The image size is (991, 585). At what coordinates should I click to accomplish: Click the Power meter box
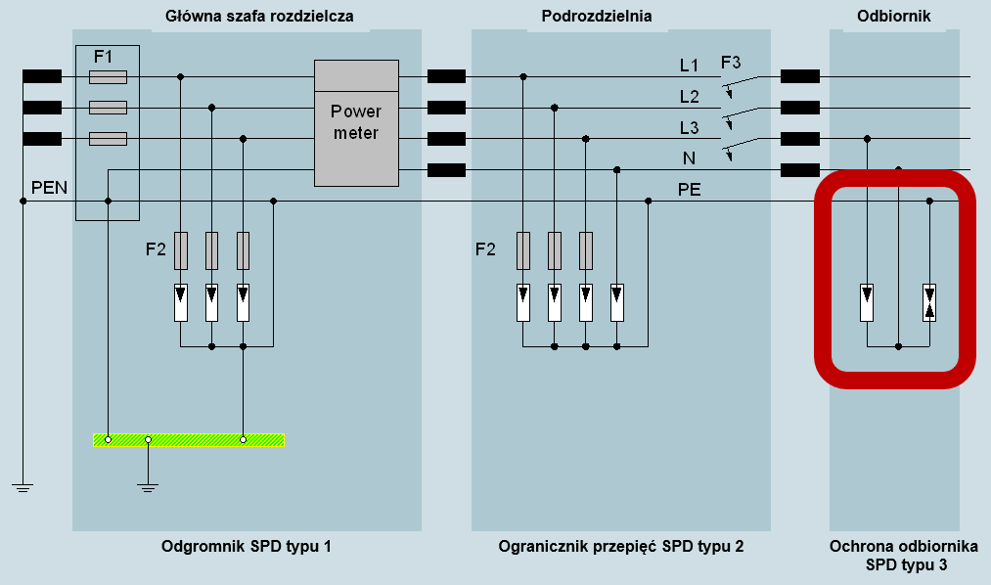(356, 123)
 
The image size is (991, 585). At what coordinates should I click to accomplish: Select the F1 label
(103, 57)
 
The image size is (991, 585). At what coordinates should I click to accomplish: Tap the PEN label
(49, 188)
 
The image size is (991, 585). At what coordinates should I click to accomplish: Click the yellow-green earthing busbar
(189, 439)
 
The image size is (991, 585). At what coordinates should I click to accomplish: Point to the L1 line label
(689, 66)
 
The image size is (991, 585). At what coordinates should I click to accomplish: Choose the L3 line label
(689, 128)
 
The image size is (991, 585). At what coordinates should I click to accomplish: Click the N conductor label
(689, 157)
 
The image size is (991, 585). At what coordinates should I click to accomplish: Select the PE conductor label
(689, 190)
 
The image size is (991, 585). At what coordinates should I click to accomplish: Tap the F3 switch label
(731, 63)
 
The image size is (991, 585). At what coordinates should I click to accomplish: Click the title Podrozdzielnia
(597, 16)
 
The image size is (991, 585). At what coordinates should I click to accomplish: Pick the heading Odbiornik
(894, 16)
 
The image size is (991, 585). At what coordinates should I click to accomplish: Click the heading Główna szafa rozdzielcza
(259, 16)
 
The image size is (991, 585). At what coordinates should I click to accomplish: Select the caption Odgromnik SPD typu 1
(246, 547)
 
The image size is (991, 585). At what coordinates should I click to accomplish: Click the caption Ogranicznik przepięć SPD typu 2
(620, 547)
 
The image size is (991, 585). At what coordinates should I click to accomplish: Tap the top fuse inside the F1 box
(108, 77)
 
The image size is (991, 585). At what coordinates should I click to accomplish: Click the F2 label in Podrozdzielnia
(485, 249)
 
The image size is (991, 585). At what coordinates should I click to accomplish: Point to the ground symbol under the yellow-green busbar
(148, 487)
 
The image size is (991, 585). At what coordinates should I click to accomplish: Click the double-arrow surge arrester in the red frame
(929, 302)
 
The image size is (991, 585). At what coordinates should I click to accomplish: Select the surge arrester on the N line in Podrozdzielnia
(617, 302)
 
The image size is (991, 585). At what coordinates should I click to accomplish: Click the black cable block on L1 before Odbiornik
(800, 76)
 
